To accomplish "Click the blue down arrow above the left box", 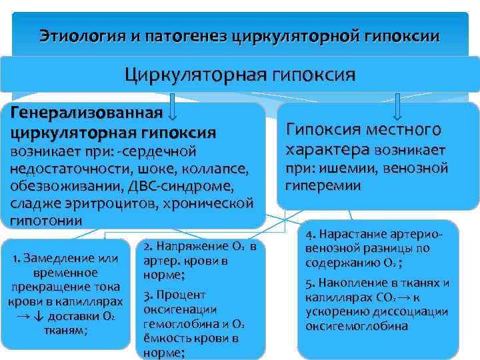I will (173, 105).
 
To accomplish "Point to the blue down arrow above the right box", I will (397, 106).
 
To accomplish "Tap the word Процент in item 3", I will (181, 294).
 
